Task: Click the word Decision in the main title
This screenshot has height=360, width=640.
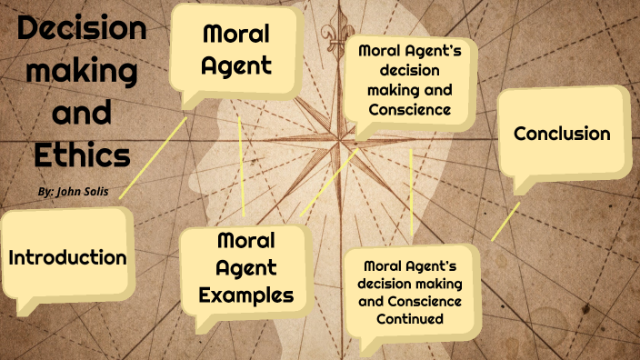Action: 82,29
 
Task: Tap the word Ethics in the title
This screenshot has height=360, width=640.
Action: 82,154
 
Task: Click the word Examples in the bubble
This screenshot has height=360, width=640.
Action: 245,295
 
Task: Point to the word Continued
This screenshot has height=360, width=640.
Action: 409,319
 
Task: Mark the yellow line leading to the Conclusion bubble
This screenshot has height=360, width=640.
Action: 505,222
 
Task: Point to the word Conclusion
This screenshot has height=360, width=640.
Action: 562,135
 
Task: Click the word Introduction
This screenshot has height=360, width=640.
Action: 67,257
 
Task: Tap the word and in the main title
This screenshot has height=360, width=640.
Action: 82,113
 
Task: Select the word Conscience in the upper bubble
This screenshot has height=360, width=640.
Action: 409,109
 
